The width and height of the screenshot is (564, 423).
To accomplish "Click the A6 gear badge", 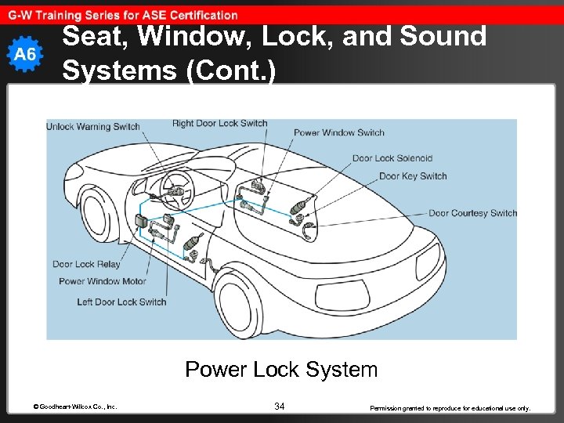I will (x=27, y=54).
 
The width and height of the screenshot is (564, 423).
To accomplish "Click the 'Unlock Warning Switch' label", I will (x=93, y=126).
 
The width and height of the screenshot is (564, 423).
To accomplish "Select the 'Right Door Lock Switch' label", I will (x=219, y=123).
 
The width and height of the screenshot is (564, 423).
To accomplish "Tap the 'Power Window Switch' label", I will (x=338, y=132).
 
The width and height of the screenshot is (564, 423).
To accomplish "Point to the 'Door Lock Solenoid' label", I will (x=392, y=158).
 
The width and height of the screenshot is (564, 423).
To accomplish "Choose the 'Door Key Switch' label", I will (x=412, y=176).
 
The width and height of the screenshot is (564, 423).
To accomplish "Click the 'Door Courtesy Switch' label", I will (x=472, y=213).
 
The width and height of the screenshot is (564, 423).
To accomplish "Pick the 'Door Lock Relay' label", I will (x=86, y=264).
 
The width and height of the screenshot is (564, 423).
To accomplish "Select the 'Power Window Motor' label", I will (x=102, y=281).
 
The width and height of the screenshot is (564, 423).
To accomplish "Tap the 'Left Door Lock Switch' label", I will (x=121, y=302).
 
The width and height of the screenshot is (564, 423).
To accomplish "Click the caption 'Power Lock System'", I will (x=281, y=369).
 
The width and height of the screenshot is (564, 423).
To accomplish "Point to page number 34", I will (x=280, y=406).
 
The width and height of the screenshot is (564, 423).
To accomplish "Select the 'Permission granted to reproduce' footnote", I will (x=450, y=407).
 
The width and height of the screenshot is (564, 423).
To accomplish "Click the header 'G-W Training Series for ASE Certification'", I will (x=123, y=15).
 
